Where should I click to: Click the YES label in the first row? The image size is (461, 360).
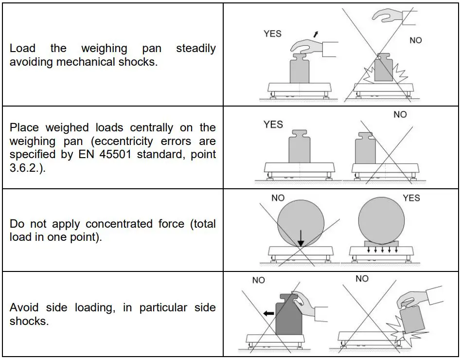272,34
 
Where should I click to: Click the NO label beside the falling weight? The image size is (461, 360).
416,40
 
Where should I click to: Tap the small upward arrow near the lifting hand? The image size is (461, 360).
317,34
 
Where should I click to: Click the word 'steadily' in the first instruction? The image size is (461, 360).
195,48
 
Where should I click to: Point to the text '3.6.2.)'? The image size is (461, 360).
26,169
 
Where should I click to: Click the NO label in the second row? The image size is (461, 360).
400,114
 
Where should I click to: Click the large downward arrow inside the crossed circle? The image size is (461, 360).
301,236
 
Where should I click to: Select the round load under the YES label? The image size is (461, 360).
381,218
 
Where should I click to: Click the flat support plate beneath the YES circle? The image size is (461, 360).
381,243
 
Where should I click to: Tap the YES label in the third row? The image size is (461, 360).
411,198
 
